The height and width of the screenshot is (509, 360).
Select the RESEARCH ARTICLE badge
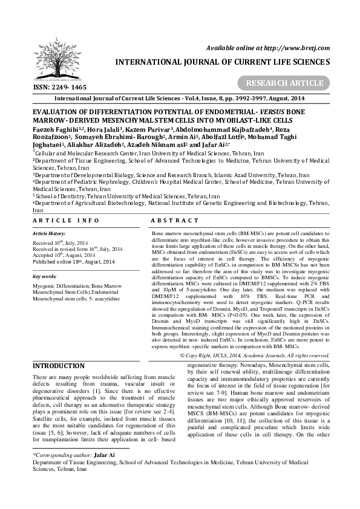point(289,83)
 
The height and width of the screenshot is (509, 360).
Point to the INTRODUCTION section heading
point(58,366)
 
